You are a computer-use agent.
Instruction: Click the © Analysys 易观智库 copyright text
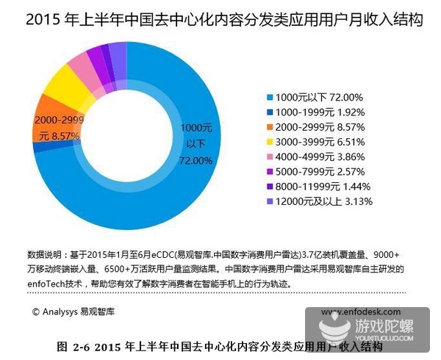pyautogui.click(x=73, y=311)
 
